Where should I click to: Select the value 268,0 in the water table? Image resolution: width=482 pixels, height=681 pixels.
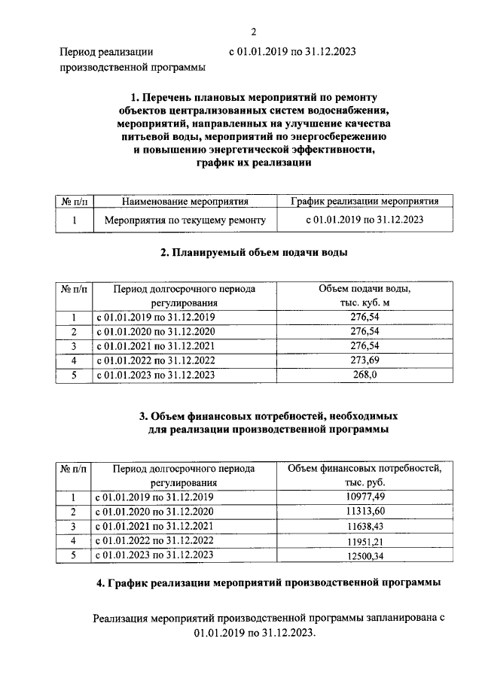tap(365, 374)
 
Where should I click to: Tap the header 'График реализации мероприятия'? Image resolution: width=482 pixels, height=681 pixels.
tap(365, 201)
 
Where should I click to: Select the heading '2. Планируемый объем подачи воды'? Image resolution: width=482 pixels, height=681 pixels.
tap(254, 253)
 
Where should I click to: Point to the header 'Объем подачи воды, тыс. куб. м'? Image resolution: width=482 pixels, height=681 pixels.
tap(365, 295)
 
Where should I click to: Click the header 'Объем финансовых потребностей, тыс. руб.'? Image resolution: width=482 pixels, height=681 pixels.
tap(365, 475)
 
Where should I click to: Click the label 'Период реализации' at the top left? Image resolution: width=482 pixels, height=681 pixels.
tap(106, 52)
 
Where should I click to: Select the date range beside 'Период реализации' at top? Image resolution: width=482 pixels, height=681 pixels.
tap(291, 52)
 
